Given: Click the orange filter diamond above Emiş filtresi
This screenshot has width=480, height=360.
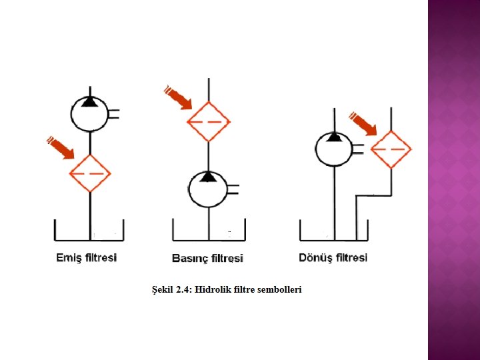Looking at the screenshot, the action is click(x=90, y=173).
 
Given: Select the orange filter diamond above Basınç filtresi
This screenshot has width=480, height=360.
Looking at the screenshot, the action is click(x=209, y=122).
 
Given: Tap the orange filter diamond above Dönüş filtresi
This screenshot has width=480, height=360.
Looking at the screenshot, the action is click(x=391, y=149).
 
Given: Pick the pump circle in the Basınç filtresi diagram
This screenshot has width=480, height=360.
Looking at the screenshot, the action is click(x=209, y=187).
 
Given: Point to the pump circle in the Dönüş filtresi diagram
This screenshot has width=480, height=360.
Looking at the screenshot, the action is click(x=334, y=149).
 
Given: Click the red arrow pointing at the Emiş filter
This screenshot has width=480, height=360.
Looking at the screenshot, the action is click(x=61, y=148).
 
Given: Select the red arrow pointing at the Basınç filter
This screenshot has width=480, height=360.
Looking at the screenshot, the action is click(x=178, y=97).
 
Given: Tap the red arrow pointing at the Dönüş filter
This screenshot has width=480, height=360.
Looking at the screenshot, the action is click(x=363, y=124).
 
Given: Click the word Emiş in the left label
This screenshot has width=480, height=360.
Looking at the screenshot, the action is click(x=67, y=257).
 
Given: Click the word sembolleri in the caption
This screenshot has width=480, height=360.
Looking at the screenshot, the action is click(x=278, y=289).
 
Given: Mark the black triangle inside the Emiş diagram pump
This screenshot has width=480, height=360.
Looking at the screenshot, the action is click(x=90, y=102).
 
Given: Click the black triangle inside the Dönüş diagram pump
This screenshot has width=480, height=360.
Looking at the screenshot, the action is click(x=334, y=137).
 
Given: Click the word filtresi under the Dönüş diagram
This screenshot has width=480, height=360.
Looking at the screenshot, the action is click(x=351, y=257).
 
